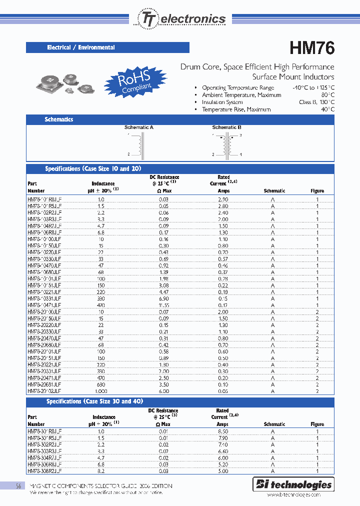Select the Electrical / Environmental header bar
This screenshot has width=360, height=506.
pos(107,47)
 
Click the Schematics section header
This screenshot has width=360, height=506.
pos(59,119)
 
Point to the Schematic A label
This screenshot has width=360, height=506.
pos(138,127)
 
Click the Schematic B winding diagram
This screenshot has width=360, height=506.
pos(227,145)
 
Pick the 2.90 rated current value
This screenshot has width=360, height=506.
pos(223,199)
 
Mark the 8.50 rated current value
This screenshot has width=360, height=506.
pos(223,430)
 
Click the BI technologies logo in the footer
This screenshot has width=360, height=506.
pos(293,484)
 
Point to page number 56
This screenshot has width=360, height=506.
pos(18,486)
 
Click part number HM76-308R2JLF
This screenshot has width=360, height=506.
pos(44,471)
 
